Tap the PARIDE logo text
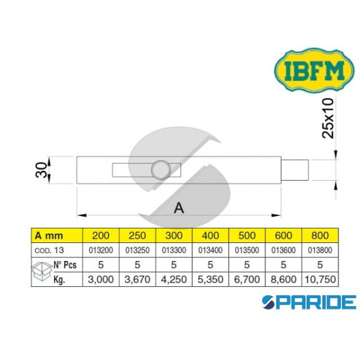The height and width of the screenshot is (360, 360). (306, 302)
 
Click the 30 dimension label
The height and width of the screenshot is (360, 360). (38, 170)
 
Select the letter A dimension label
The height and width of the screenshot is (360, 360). (178, 208)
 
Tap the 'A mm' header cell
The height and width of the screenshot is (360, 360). (48, 235)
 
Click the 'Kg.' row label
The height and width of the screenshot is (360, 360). (59, 279)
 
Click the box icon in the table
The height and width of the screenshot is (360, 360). (41, 271)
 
